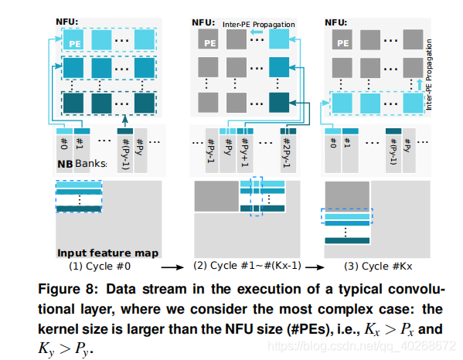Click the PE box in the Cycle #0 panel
pyautogui.click(x=73, y=39)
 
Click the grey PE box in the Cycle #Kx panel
pyautogui.click(x=342, y=39)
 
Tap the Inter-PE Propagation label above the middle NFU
pyautogui.click(x=259, y=25)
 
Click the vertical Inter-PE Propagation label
pyautogui.click(x=429, y=75)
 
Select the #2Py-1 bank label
pyautogui.click(x=287, y=153)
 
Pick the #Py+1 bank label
pyautogui.click(x=245, y=153)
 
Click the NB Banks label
pyautogui.click(x=82, y=164)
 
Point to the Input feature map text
pyautogui.click(x=107, y=253)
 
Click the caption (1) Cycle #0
pyautogui.click(x=100, y=267)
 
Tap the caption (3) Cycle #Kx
pyautogui.click(x=378, y=267)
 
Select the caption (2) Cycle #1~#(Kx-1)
pyautogui.click(x=247, y=266)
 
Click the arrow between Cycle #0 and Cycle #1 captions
pyautogui.click(x=172, y=267)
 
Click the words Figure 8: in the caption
pyautogui.click(x=67, y=289)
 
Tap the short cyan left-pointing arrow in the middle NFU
pyautogui.click(x=257, y=32)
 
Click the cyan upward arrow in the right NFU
pyautogui.click(x=419, y=85)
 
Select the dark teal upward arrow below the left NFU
pyautogui.click(x=125, y=121)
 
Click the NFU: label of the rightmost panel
pyautogui.click(x=336, y=22)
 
